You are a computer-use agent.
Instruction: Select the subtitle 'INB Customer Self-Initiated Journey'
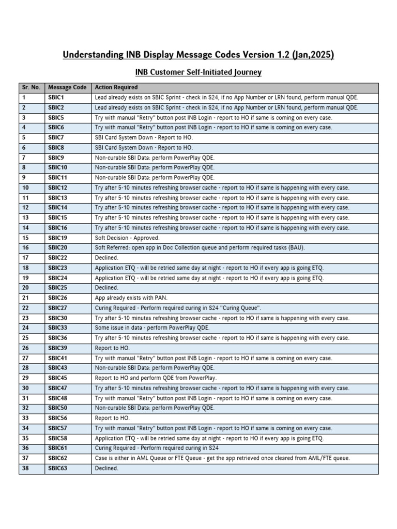198,72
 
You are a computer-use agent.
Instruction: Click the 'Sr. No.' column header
31,87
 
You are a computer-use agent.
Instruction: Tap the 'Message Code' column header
67,87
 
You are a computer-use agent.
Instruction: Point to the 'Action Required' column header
116,87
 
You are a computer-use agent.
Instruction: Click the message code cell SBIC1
56,98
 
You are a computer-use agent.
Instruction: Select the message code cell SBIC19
57,238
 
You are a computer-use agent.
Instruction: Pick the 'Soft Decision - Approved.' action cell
127,238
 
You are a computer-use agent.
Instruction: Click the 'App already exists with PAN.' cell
131,298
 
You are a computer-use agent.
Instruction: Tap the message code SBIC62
57,458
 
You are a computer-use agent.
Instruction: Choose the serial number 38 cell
25,468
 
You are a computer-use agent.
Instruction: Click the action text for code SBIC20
200,248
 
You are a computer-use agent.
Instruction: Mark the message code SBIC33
57,328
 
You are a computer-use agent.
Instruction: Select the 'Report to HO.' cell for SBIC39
112,348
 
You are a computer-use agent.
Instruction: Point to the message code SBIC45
57,378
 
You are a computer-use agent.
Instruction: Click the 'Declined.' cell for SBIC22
106,258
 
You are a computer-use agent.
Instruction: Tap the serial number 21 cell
25,298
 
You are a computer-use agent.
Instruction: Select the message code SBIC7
56,137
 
